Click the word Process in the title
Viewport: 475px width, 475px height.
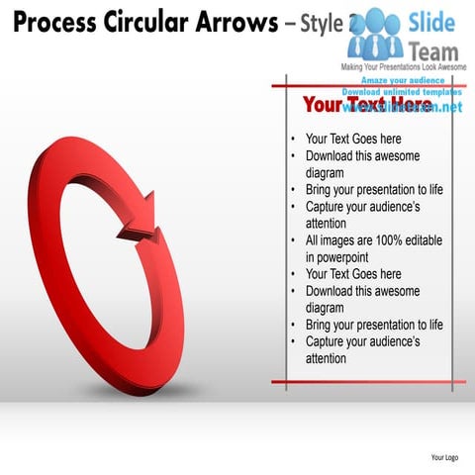tap(46, 22)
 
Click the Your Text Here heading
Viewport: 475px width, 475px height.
tap(366, 104)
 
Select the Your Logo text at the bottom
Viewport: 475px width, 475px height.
tap(444, 457)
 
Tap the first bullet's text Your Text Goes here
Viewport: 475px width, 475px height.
tap(353, 140)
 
